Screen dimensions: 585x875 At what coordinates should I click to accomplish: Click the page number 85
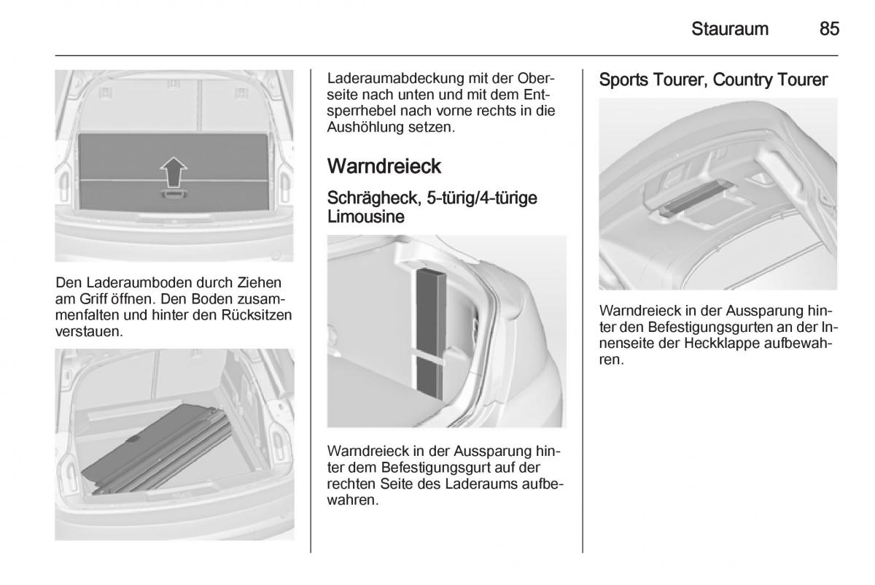point(829,29)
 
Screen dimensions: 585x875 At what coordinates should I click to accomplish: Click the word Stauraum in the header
point(730,29)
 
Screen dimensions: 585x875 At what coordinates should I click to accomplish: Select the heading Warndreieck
point(384,166)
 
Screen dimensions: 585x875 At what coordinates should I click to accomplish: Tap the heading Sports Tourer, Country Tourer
point(712,80)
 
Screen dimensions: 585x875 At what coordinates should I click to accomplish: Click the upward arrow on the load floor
point(173,172)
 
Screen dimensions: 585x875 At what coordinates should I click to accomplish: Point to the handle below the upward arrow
point(172,195)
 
